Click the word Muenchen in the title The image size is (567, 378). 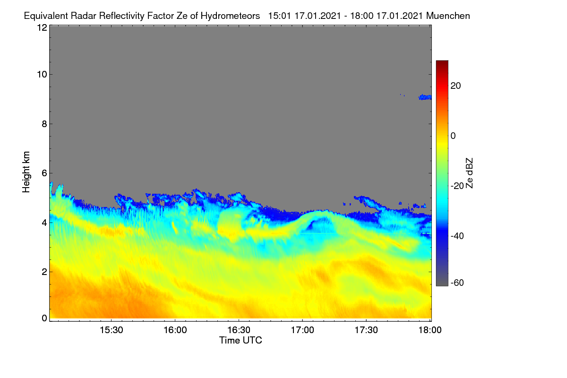click(x=448, y=16)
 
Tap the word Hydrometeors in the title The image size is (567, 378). click(x=230, y=16)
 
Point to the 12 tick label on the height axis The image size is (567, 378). click(x=42, y=27)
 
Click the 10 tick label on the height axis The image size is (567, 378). click(x=42, y=74)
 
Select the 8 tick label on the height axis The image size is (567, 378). click(x=44, y=124)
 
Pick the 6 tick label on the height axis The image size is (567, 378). click(x=44, y=173)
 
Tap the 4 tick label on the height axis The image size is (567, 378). click(x=44, y=223)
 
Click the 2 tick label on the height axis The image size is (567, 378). click(x=44, y=272)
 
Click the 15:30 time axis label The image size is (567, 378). click(x=112, y=330)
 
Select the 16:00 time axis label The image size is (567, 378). click(x=175, y=330)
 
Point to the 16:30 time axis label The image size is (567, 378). click(x=239, y=330)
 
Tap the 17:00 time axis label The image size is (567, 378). click(x=302, y=330)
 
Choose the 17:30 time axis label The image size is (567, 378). click(x=366, y=330)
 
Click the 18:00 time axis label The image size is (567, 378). click(x=430, y=330)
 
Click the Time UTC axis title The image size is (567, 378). click(x=241, y=340)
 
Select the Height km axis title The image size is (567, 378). click(x=26, y=172)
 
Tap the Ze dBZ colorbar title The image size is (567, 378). click(x=469, y=173)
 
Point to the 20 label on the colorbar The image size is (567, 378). click(x=455, y=86)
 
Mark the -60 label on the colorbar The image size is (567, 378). click(x=457, y=283)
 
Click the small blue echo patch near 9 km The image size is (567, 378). click(x=425, y=97)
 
